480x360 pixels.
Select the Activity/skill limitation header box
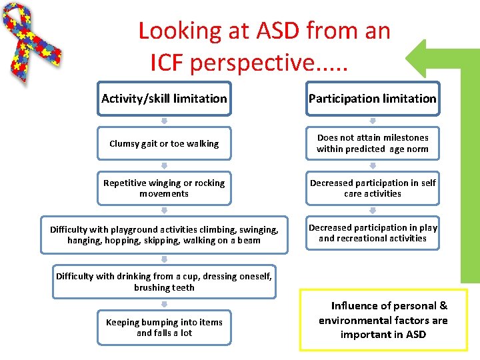point(164,99)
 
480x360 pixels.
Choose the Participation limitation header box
point(373,99)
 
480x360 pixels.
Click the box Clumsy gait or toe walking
point(164,143)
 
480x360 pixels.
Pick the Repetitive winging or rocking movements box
point(164,188)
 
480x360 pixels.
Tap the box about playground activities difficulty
point(164,235)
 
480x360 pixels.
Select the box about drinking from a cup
point(164,282)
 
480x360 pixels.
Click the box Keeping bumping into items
point(164,327)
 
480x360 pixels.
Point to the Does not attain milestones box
point(373,143)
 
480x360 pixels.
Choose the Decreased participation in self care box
point(373,188)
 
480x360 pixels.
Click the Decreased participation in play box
point(373,233)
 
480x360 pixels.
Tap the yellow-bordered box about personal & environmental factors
point(383,320)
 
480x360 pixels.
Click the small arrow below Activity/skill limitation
point(164,121)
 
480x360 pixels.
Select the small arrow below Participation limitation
point(373,121)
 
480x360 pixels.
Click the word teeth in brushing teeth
point(183,288)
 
